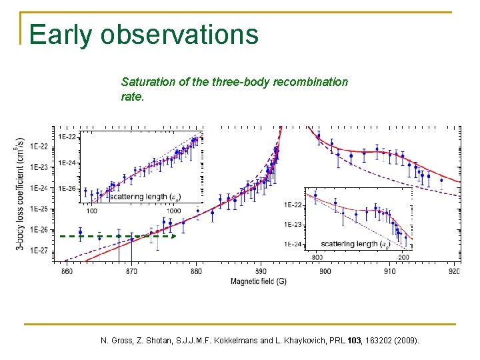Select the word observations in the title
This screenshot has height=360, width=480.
pos(179,35)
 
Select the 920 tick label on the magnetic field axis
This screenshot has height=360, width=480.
pos(454,271)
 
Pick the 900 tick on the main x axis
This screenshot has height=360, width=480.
pos(325,271)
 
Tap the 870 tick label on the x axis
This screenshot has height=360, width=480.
pos(131,271)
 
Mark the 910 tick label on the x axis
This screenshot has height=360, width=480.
pos(389,271)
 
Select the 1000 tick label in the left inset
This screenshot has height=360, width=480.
pos(173,211)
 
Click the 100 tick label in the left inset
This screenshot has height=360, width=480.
pos(92,211)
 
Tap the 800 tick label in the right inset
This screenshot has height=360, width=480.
pos(317,257)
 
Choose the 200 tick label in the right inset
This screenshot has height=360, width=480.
pos(403,257)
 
